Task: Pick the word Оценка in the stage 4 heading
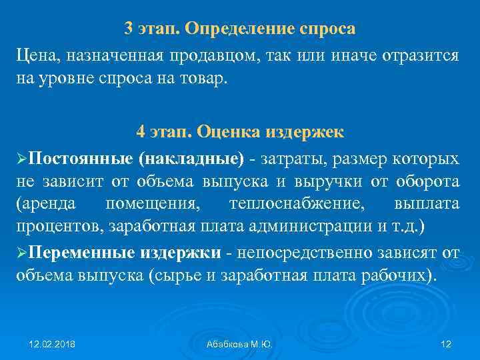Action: coord(227,131)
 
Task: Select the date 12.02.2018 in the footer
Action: coord(52,344)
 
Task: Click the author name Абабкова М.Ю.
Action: coord(241,344)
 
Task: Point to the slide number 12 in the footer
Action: coord(446,344)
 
